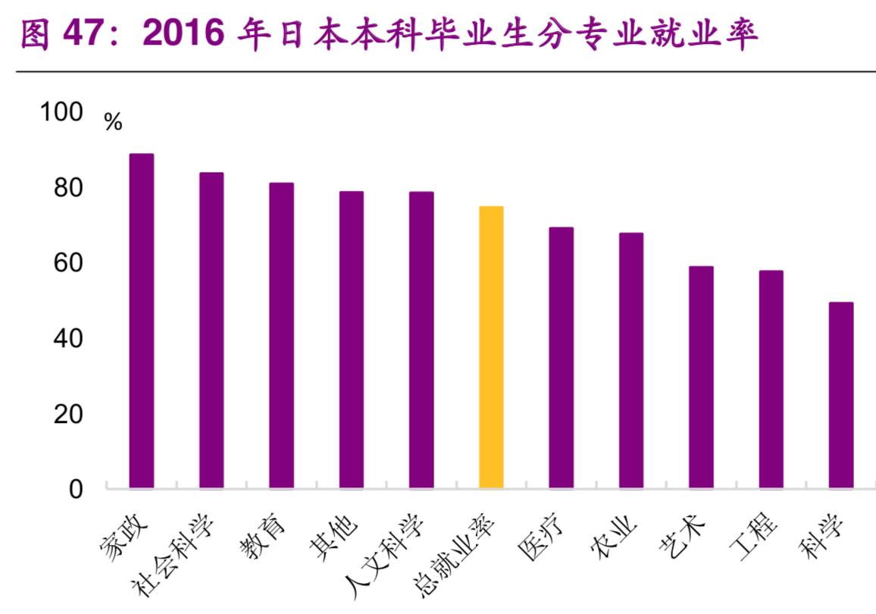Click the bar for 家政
click(142, 321)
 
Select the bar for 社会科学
click(211, 330)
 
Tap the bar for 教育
click(281, 336)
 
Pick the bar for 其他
click(351, 340)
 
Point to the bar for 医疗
click(561, 358)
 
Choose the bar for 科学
click(840, 396)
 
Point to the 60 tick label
click(67, 264)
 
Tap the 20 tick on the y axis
click(67, 415)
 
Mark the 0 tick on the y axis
click(76, 490)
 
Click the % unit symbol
click(113, 122)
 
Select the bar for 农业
click(631, 361)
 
